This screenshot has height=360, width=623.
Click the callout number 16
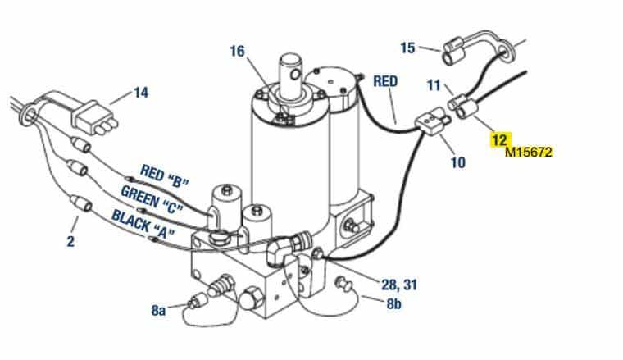(237, 52)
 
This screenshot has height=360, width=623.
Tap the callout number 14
(141, 93)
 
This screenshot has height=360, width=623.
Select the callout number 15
(407, 48)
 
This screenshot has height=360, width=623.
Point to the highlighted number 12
(499, 139)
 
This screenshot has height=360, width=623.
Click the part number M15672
(529, 152)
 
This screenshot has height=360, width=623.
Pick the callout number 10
(457, 162)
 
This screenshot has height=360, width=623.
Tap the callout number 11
(434, 85)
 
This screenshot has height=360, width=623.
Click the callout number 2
(70, 241)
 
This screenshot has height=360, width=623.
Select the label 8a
(158, 310)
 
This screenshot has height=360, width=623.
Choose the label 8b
(393, 303)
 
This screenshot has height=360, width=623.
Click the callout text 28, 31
(399, 285)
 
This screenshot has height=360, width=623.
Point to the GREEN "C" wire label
(152, 198)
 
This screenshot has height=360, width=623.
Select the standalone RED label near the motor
(385, 81)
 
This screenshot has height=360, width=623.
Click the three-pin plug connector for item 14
(94, 117)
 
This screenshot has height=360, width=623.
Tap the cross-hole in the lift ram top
(295, 74)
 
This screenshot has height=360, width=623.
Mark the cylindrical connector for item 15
(453, 51)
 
